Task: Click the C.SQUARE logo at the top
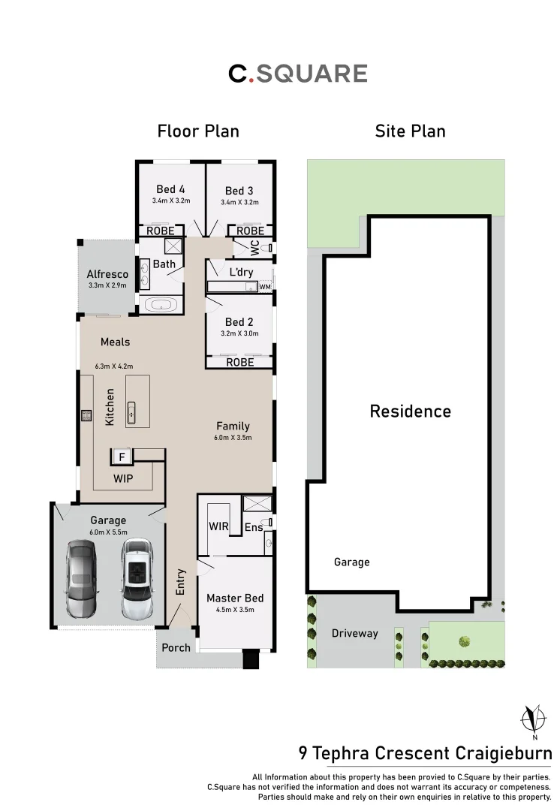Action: click(297, 74)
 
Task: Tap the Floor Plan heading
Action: click(198, 131)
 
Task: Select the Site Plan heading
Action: click(410, 131)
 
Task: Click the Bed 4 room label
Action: click(170, 189)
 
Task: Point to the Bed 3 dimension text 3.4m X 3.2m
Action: click(239, 202)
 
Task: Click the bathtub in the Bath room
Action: click(161, 304)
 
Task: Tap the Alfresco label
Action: click(107, 274)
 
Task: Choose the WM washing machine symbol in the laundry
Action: click(264, 287)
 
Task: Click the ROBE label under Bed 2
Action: click(239, 362)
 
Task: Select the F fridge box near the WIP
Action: click(122, 456)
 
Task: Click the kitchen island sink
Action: click(132, 411)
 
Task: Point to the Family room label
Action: click(233, 426)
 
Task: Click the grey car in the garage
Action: click(81, 578)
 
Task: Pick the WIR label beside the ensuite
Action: click(218, 527)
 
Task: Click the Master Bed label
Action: click(235, 598)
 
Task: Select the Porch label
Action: click(176, 647)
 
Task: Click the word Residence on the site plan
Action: click(410, 412)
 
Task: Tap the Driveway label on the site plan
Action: click(355, 633)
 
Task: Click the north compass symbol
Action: click(534, 719)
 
